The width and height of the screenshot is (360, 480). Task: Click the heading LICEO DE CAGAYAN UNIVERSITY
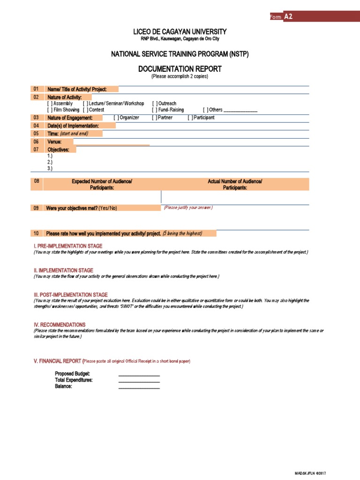[180, 31]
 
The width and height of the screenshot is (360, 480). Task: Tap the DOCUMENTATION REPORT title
[180, 69]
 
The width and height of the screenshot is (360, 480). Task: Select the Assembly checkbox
[50, 104]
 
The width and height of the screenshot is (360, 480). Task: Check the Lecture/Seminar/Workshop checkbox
[85, 104]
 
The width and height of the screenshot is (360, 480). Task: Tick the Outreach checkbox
[154, 104]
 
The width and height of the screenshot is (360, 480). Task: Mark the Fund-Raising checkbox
[154, 110]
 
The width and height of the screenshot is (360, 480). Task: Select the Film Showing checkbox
[50, 110]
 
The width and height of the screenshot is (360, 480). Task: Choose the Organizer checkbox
[116, 118]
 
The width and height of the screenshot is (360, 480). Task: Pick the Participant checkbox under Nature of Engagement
[190, 118]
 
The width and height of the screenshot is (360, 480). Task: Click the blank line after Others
[240, 111]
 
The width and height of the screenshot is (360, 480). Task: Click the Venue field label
[54, 142]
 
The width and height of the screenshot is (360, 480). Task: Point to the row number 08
[37, 181]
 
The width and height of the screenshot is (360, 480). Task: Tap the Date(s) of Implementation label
[73, 126]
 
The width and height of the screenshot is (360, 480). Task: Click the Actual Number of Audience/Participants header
[235, 184]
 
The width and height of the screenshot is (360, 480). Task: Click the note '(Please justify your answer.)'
[188, 207]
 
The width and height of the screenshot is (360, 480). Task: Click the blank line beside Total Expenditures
[139, 381]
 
